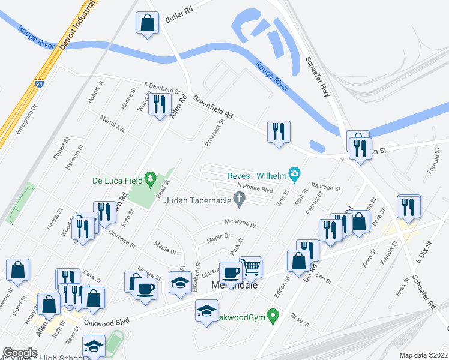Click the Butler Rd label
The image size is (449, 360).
point(179,19)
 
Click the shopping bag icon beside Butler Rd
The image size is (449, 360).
point(147,23)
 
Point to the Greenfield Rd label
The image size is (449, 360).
point(212,110)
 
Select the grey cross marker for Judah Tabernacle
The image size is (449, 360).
point(240,200)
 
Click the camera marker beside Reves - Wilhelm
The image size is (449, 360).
point(294,175)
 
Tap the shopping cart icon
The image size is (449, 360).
point(250,266)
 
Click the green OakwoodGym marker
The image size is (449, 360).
point(273,314)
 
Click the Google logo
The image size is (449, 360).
point(20,353)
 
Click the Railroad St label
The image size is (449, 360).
point(326,187)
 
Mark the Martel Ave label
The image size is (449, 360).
point(113,124)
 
